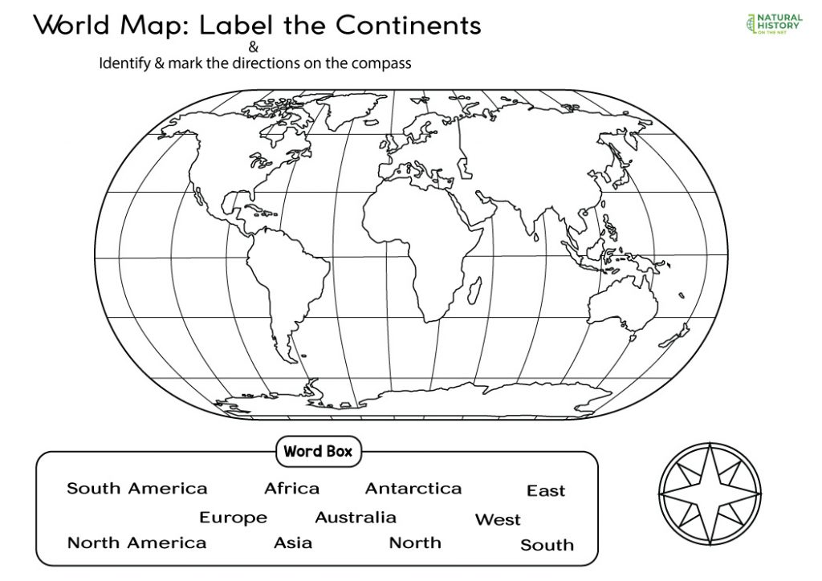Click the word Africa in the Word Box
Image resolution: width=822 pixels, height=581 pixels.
[x=291, y=488]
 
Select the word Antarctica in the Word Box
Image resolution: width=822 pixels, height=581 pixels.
[x=413, y=488]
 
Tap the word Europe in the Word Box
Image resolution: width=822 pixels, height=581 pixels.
[x=233, y=518]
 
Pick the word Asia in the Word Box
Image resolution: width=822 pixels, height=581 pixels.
[x=293, y=542]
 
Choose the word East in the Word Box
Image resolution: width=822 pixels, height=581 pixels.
[x=546, y=490]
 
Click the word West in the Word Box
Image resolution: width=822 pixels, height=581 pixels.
[x=498, y=519]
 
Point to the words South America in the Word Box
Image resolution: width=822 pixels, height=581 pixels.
[x=136, y=488]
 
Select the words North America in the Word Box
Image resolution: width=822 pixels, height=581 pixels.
[x=136, y=542]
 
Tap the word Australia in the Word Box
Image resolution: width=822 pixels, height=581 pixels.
[x=356, y=518]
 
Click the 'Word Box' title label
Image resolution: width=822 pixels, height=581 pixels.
[x=318, y=451]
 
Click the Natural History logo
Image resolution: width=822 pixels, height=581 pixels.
[x=773, y=24]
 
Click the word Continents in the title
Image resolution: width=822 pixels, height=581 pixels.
[x=409, y=26]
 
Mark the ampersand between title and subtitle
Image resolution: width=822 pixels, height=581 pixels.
[x=254, y=46]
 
